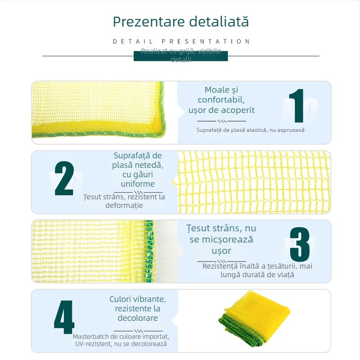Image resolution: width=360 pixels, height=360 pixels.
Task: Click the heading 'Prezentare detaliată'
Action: coord(180,22)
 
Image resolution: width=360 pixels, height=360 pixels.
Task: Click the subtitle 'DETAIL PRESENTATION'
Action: coord(181,41)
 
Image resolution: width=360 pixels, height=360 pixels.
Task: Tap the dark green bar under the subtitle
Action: coord(180,56)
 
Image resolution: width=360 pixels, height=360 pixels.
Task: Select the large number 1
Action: coord(297,106)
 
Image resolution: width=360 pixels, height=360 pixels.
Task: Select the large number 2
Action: coord(64,179)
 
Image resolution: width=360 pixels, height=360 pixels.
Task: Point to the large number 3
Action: coord(299,244)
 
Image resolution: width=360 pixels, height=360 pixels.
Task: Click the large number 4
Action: coord(64,320)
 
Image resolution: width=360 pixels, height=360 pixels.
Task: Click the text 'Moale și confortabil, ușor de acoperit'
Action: coord(221,100)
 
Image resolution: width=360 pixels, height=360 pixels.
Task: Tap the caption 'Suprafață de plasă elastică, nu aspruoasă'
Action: coord(251,130)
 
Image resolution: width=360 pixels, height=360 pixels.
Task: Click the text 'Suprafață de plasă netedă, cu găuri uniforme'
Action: coord(138,170)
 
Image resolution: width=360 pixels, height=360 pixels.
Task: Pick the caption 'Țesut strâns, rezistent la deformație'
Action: coord(124,201)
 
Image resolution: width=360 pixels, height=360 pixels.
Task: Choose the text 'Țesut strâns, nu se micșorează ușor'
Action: coord(221,239)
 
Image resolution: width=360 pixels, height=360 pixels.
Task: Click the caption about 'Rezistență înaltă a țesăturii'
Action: coord(257,270)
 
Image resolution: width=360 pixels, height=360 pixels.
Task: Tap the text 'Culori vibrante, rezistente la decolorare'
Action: coord(138,309)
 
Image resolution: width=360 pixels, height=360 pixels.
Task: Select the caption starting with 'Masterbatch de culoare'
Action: coord(121,340)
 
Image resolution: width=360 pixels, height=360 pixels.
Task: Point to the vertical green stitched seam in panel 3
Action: coord(149,251)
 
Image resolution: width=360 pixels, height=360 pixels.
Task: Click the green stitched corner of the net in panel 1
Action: coord(160,130)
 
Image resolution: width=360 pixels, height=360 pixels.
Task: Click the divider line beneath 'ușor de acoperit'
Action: coord(221,121)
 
